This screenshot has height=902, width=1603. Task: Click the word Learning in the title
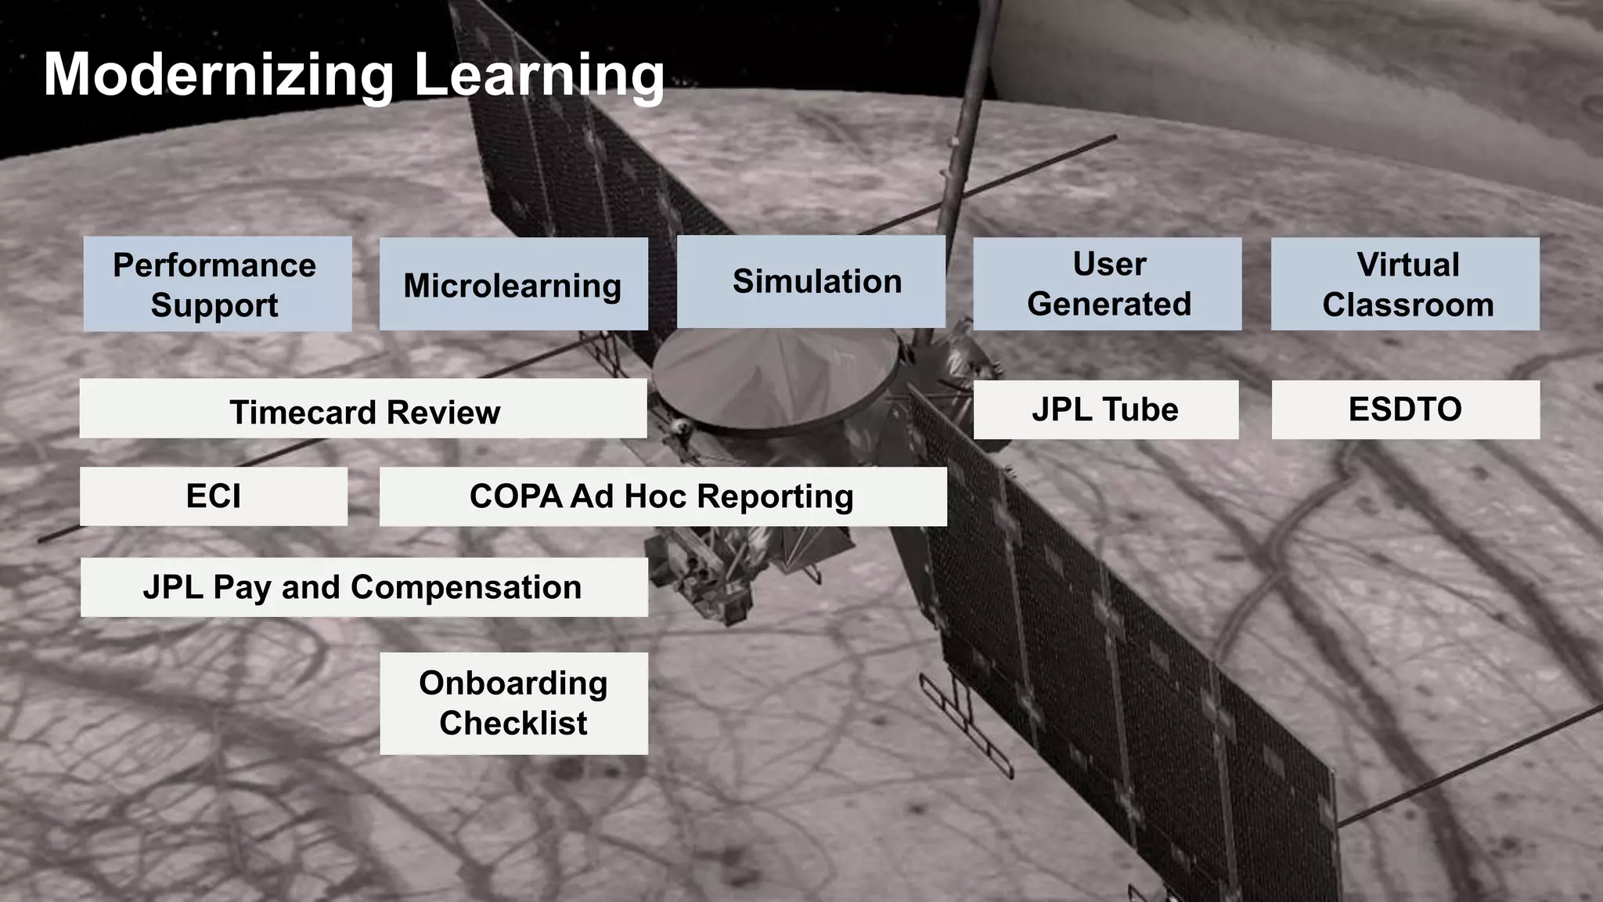(539, 75)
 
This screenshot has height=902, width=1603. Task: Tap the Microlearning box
(513, 284)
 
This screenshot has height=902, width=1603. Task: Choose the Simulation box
(811, 282)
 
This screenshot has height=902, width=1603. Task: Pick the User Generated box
(1108, 284)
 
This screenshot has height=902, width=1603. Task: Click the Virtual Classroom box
(1405, 284)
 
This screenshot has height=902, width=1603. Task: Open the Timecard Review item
(363, 409)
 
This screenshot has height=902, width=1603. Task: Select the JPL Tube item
(1106, 410)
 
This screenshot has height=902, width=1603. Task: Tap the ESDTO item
(1405, 410)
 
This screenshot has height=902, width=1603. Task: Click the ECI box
(214, 496)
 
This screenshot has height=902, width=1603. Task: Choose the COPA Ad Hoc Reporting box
(663, 496)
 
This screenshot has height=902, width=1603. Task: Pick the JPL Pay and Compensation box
(364, 587)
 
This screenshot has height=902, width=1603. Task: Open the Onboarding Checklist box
(513, 703)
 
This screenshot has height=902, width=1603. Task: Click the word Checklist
(513, 723)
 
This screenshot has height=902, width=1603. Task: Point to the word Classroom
(1408, 305)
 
